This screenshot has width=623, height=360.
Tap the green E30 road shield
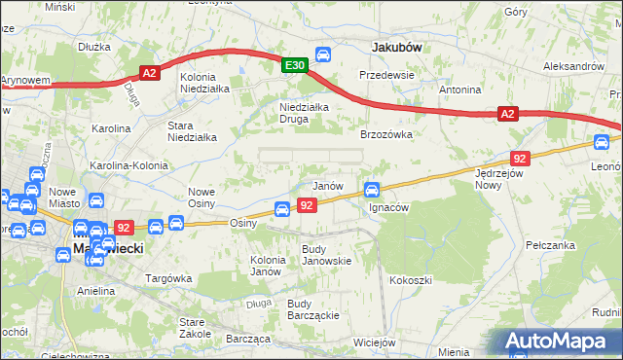click(x=296, y=65)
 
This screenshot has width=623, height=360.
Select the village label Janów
click(x=327, y=185)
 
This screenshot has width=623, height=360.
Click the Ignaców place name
click(x=388, y=207)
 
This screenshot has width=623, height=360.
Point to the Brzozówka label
click(x=387, y=135)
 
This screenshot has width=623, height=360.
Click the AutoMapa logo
click(x=561, y=342)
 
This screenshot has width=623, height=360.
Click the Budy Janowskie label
click(x=326, y=254)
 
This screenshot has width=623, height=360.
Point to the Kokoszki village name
click(x=410, y=280)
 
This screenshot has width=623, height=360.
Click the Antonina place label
click(x=459, y=90)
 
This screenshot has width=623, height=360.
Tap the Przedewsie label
click(x=386, y=74)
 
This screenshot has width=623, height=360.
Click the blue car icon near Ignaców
click(x=371, y=189)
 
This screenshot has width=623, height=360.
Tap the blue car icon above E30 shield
click(x=324, y=54)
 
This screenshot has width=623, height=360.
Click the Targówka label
click(x=166, y=278)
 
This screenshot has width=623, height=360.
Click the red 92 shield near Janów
click(x=307, y=205)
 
